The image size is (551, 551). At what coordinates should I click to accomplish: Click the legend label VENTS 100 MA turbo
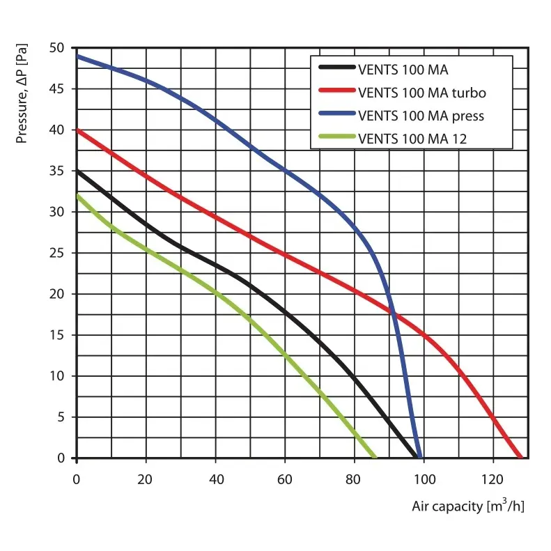(422, 92)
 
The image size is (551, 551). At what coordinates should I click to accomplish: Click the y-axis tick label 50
(57, 48)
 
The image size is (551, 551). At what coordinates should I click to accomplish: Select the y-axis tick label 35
(57, 171)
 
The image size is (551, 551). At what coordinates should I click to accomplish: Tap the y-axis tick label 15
(57, 335)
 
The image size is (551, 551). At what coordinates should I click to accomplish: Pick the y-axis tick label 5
(61, 417)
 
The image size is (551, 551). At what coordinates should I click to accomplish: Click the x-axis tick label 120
(492, 479)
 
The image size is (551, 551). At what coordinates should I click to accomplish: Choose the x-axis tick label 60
(284, 479)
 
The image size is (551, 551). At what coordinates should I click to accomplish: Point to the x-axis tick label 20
(146, 479)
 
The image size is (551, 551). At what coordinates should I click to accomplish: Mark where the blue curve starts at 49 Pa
(77, 56)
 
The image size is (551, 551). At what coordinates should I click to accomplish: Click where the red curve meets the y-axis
(77, 130)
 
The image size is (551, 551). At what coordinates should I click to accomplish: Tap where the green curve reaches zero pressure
(375, 458)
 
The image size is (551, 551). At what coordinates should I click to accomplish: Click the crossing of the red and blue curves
(394, 317)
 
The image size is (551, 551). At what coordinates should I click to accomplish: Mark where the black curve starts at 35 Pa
(77, 171)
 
